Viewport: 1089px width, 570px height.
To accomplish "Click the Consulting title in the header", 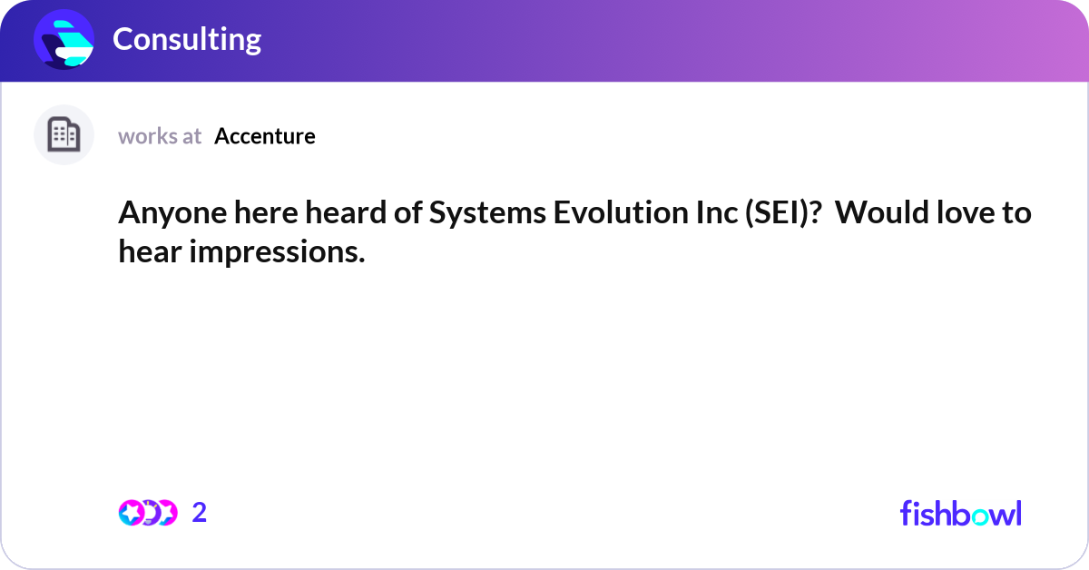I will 187,39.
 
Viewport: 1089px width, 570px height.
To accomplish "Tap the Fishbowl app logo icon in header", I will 64,39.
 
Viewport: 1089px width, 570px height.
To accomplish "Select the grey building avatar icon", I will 64,135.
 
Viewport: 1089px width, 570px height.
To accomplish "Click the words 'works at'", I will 160,136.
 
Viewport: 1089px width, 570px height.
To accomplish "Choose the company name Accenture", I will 265,136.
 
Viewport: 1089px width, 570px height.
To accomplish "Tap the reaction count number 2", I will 200,513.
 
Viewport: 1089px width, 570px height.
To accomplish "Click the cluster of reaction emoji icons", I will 147,513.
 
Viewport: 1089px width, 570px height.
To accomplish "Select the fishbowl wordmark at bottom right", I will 960,513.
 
